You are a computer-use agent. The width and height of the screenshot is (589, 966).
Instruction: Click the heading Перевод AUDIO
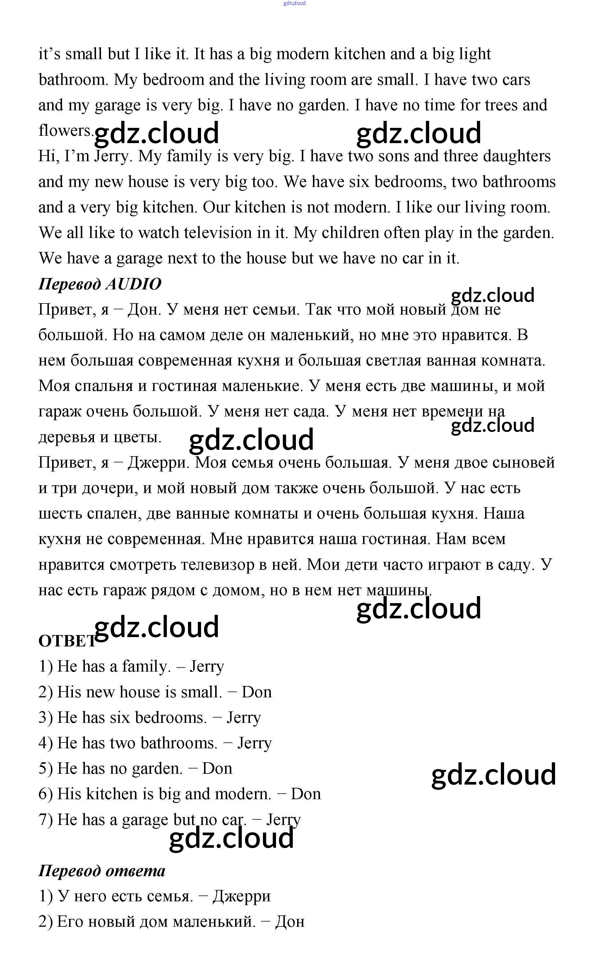click(100, 284)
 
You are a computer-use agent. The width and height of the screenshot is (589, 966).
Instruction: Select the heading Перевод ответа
click(102, 870)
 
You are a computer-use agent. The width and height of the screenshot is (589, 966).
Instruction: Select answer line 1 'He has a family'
click(131, 666)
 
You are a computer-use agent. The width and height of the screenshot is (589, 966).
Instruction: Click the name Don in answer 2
click(256, 692)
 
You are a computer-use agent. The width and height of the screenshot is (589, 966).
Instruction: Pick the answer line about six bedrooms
click(149, 718)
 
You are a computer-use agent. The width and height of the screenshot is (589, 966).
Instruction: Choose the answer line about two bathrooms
click(155, 743)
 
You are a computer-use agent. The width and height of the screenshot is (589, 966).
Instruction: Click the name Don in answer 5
click(217, 768)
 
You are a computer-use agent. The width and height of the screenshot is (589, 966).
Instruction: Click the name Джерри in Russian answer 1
click(241, 896)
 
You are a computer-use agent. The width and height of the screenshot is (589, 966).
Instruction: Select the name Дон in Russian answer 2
click(290, 922)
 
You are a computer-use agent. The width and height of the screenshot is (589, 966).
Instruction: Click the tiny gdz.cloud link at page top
click(294, 3)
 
